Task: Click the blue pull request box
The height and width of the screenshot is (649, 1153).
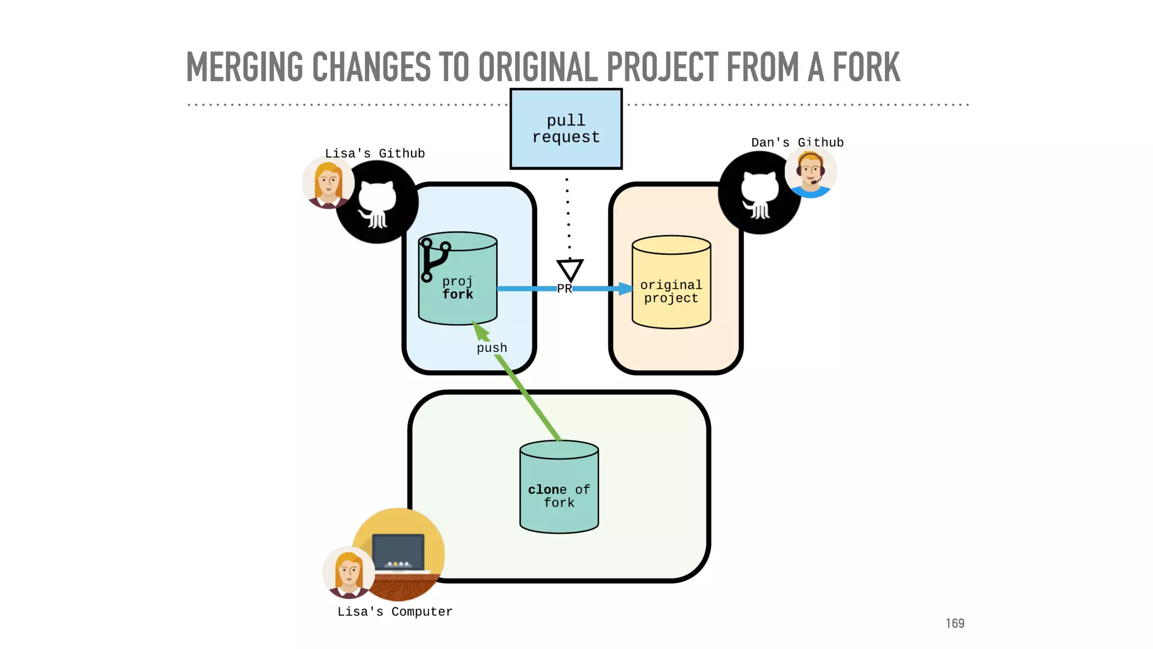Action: (566, 128)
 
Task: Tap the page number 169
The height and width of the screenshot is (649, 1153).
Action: (955, 623)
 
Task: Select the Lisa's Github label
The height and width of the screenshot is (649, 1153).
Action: (374, 153)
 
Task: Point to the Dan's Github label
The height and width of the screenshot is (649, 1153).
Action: (797, 143)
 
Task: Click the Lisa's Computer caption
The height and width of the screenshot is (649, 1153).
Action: (395, 611)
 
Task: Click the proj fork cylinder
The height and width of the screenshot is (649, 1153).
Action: (458, 287)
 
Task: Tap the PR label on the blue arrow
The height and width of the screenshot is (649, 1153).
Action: (564, 288)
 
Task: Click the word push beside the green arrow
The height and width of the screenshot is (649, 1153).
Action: (491, 348)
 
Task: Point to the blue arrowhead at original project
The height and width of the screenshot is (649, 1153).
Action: (625, 288)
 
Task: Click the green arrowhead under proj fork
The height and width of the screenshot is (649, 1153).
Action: (480, 331)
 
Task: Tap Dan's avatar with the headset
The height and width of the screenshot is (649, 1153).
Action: (811, 171)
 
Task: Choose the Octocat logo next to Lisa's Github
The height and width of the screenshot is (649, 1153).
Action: (377, 202)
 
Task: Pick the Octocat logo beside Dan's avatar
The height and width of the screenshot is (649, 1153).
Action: (759, 193)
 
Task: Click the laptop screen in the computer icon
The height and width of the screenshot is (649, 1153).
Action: (398, 551)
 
